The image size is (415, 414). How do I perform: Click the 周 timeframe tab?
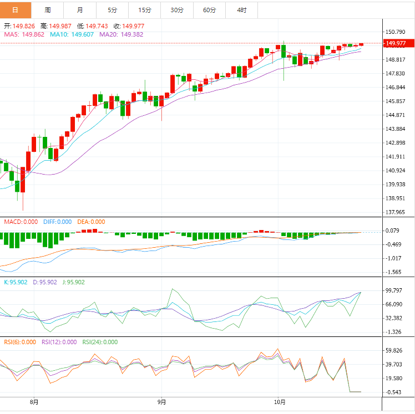tap(48, 10)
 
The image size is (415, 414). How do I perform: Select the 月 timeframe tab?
tap(80, 10)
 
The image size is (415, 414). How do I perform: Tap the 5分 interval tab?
tap(113, 10)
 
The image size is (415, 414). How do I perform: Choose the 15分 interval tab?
tap(145, 10)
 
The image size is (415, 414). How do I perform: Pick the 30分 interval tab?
tap(177, 10)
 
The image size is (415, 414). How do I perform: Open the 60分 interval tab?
tap(209, 10)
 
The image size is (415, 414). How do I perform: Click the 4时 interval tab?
tap(242, 10)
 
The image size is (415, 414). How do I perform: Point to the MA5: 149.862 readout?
tap(24, 34)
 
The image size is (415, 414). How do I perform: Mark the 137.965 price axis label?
tap(396, 212)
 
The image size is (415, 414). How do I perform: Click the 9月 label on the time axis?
tap(162, 402)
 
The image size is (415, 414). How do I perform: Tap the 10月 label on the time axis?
tap(280, 402)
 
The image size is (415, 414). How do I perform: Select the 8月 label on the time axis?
tap(34, 402)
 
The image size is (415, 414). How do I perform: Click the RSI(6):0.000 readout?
tap(19, 342)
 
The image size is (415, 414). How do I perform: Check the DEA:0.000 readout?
tap(91, 222)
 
